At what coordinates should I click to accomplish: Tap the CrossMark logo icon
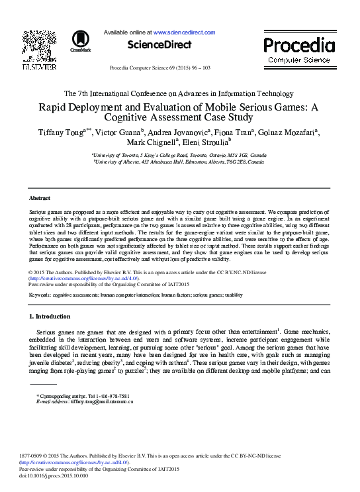81,39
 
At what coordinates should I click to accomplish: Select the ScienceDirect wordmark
159,45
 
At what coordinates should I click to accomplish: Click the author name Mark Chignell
152,142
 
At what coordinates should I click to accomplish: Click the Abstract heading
40,198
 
